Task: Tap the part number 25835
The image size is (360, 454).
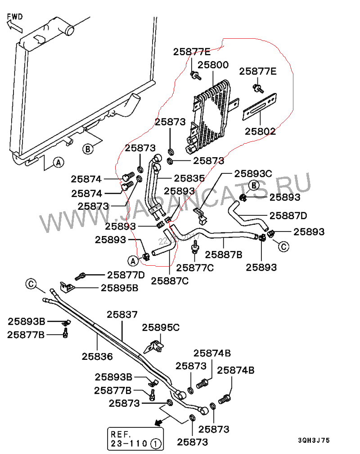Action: [x=189, y=178]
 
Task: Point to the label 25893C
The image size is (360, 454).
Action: [x=253, y=173]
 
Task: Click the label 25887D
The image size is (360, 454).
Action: [x=288, y=215]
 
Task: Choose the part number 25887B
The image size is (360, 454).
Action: [x=224, y=254]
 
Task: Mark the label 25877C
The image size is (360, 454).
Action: [x=195, y=268]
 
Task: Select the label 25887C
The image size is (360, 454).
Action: [x=170, y=281]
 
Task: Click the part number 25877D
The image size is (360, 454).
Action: [x=126, y=274]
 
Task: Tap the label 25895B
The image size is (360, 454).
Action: [x=119, y=288]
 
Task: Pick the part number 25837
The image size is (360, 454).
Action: [x=122, y=314]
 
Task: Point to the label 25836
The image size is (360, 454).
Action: [x=97, y=356]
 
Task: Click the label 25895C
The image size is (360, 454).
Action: [x=161, y=327]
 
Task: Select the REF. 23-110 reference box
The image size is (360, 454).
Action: [x=135, y=439]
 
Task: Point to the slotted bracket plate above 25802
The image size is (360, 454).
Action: [x=260, y=106]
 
